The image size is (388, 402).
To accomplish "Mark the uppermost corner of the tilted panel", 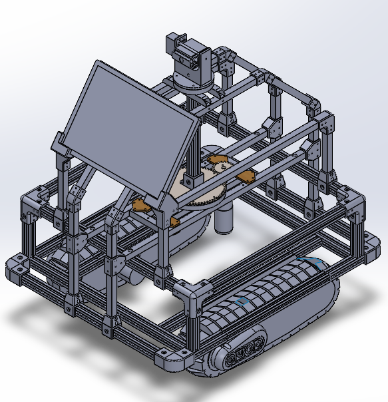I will (x=100, y=63).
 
